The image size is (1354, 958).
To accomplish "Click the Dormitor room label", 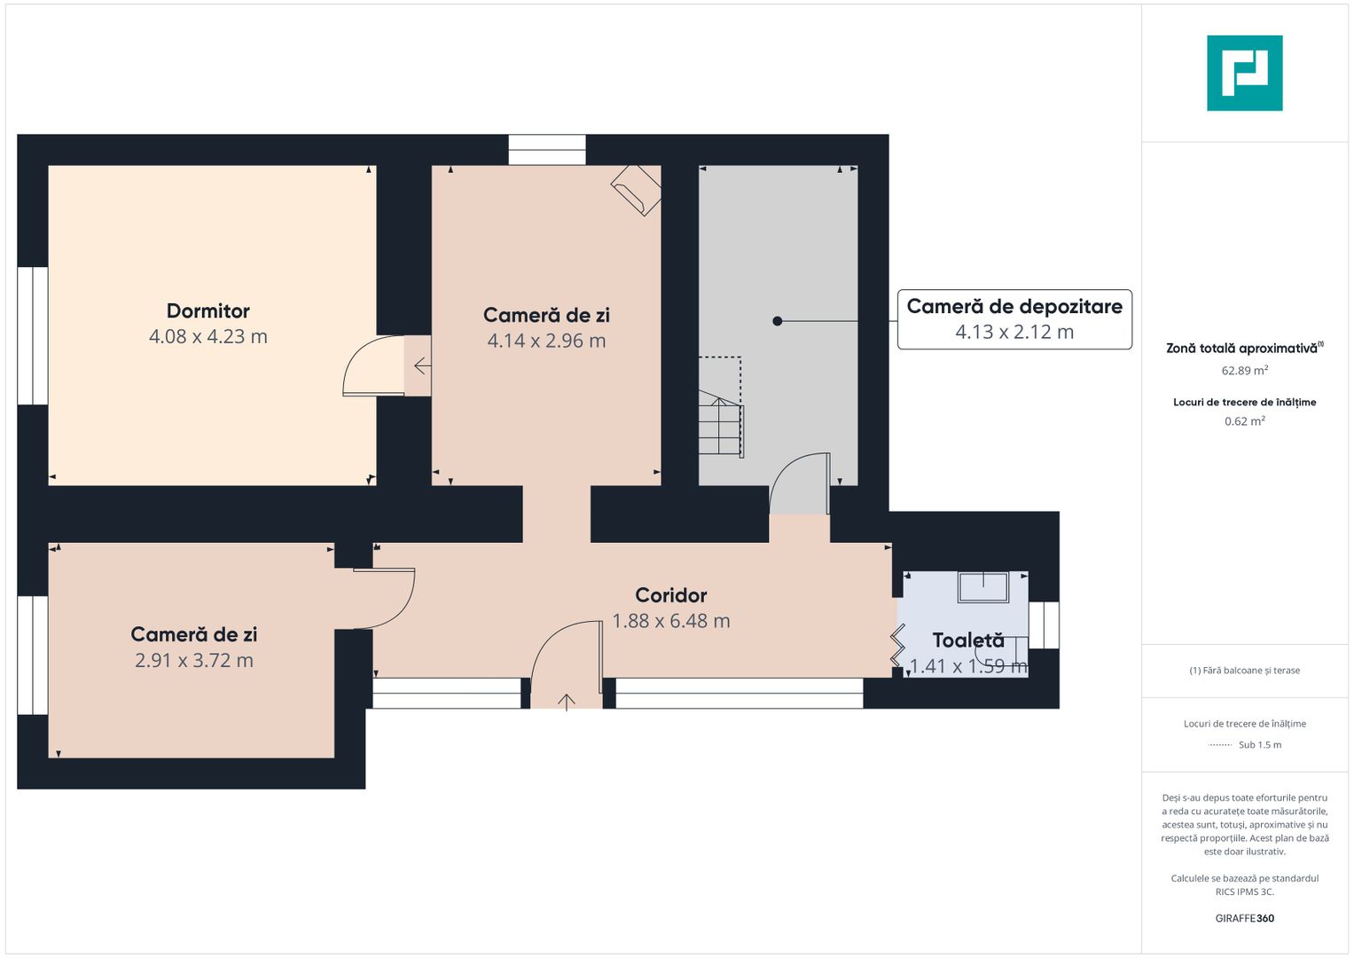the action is tap(208, 310).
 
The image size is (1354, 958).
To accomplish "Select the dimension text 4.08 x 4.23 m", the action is tap(208, 336).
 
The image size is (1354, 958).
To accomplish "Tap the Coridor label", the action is tap(671, 595).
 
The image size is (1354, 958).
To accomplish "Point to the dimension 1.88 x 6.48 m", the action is tap(671, 621).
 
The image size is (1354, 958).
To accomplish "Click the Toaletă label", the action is tap(968, 640).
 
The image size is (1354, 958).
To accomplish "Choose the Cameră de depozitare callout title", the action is tap(1014, 307).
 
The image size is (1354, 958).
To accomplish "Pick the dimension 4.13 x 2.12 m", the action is tap(1014, 332).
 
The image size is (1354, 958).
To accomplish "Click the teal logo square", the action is tap(1245, 73).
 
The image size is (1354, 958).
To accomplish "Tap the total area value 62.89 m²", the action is tap(1245, 370).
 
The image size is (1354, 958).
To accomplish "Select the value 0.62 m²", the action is tap(1245, 421).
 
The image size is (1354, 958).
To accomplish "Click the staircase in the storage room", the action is tap(721, 423).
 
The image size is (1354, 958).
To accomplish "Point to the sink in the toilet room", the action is tap(983, 587).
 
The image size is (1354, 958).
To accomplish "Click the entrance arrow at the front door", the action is tap(567, 703).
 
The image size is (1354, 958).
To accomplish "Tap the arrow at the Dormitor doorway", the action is tap(423, 365).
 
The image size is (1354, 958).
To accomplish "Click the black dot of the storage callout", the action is tap(778, 321).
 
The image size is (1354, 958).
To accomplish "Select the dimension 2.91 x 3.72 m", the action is tap(194, 661).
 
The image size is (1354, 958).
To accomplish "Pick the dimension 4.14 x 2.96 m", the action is tap(546, 342).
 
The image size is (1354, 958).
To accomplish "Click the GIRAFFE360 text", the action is tap(1245, 918).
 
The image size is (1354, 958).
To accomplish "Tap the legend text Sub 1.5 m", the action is tap(1260, 745).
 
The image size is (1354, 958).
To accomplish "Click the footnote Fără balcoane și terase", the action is tap(1245, 670).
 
